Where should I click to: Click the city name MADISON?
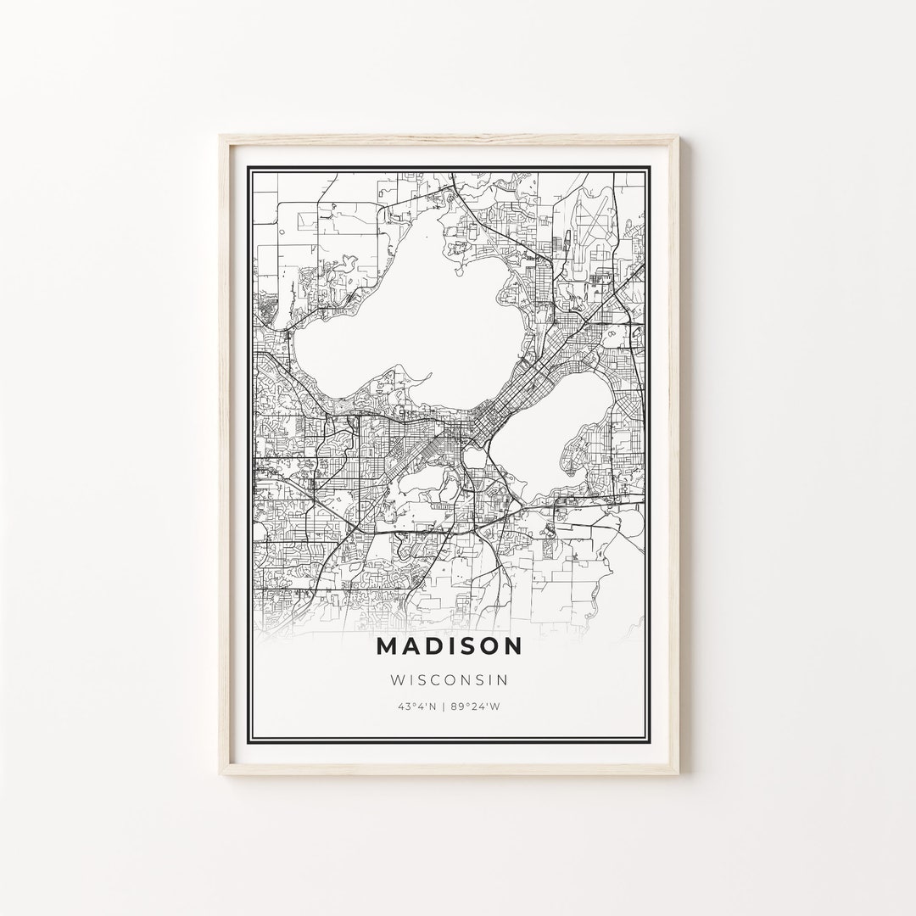click(x=449, y=646)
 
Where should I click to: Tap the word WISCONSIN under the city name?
click(x=449, y=679)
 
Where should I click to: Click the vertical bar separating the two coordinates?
click(x=449, y=706)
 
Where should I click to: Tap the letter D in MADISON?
click(x=430, y=646)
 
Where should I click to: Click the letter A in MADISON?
click(x=408, y=646)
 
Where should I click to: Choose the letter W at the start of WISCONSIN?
click(x=396, y=679)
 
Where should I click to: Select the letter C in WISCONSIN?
click(x=442, y=679)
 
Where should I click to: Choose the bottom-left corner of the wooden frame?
click(x=221, y=775)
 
